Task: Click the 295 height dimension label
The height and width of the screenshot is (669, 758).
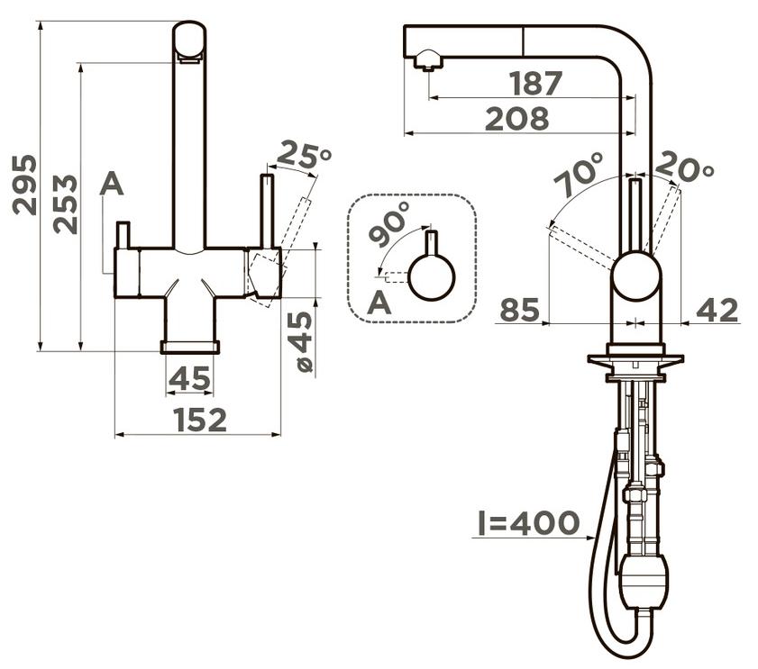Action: (x=24, y=185)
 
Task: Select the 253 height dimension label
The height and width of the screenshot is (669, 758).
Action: (x=65, y=204)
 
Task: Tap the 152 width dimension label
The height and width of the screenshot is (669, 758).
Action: (x=200, y=420)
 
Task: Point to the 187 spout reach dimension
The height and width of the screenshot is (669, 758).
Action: (x=535, y=83)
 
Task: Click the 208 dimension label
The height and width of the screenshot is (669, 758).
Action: (x=516, y=118)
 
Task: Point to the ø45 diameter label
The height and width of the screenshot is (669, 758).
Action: (x=304, y=342)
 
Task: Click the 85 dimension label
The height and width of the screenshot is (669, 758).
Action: (x=519, y=310)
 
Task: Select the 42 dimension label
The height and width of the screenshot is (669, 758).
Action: (x=717, y=310)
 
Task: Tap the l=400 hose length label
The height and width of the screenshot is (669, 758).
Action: (x=528, y=522)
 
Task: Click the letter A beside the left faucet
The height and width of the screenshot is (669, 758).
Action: (x=112, y=184)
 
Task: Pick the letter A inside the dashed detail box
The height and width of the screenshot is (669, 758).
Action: (x=379, y=303)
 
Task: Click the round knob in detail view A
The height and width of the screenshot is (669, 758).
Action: (x=431, y=277)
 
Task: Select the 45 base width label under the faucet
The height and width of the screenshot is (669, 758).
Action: (x=189, y=378)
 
